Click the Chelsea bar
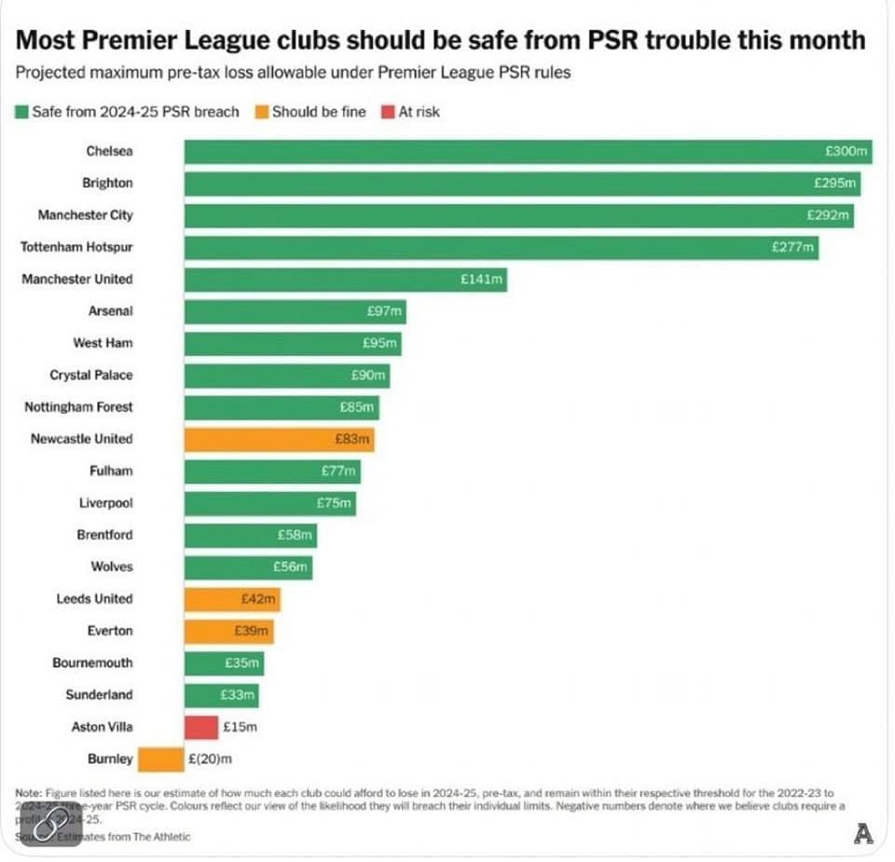pyautogui.click(x=527, y=151)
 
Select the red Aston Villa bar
pyautogui.click(x=200, y=727)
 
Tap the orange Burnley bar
pyautogui.click(x=160, y=759)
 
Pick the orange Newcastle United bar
pyautogui.click(x=279, y=439)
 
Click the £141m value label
pyautogui.click(x=482, y=279)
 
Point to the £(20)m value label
pyautogui.click(x=210, y=759)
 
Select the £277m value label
pyautogui.click(x=792, y=247)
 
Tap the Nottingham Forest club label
pyautogui.click(x=78, y=406)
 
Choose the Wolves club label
pyautogui.click(x=112, y=567)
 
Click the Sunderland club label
pyautogui.click(x=99, y=694)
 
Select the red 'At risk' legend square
pyautogui.click(x=387, y=112)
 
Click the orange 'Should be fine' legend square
pyautogui.click(x=261, y=112)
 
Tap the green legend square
pyautogui.click(x=21, y=112)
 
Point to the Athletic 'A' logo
pyautogui.click(x=863, y=834)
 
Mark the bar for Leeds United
pyautogui.click(x=232, y=599)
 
